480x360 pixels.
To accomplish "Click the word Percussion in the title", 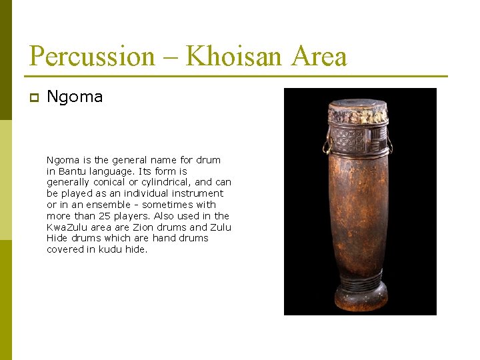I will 92,56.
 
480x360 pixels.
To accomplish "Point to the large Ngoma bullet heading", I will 75,97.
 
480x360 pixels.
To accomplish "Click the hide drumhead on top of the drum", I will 358,107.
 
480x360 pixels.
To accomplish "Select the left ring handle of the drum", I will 327,145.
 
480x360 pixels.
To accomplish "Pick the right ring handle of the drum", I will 389,145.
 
